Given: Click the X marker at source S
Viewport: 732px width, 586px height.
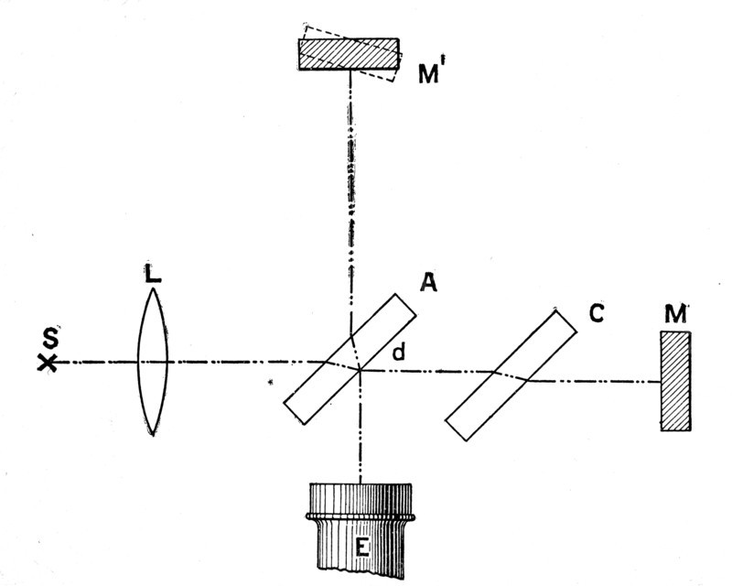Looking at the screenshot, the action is pos(48,363).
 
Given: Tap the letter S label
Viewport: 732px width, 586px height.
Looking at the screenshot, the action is pos(50,338).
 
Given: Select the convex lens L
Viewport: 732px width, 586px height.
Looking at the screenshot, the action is pos(153,362).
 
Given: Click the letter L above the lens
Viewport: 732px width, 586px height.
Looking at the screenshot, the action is pos(152,274).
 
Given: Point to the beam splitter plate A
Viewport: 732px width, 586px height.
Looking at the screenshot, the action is pos(350,359).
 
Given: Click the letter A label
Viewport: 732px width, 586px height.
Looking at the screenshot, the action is pos(428,282).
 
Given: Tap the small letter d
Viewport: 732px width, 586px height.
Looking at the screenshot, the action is pos(398,352).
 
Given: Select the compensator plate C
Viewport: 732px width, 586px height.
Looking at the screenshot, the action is pos(511,375).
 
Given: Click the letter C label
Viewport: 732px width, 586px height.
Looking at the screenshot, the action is pos(597,312).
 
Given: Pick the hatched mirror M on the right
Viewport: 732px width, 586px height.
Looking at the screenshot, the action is pos(675,381).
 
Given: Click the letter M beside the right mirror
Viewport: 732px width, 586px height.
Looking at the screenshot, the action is pos(676,314).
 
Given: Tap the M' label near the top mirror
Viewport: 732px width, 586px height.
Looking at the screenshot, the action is pos(429,72).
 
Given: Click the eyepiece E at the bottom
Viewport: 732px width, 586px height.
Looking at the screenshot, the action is pos(361,530).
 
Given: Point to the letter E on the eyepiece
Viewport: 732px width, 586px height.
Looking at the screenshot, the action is pos(361,547).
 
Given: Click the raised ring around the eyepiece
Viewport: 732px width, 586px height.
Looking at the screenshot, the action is pos(361,516).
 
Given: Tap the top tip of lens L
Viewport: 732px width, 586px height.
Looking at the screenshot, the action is pos(153,288).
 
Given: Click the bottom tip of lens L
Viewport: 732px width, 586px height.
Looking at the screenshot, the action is pos(153,436).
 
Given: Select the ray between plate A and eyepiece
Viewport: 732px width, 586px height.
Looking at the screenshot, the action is pos(361,426).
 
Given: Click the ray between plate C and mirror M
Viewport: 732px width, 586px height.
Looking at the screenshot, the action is pos(594,381).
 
